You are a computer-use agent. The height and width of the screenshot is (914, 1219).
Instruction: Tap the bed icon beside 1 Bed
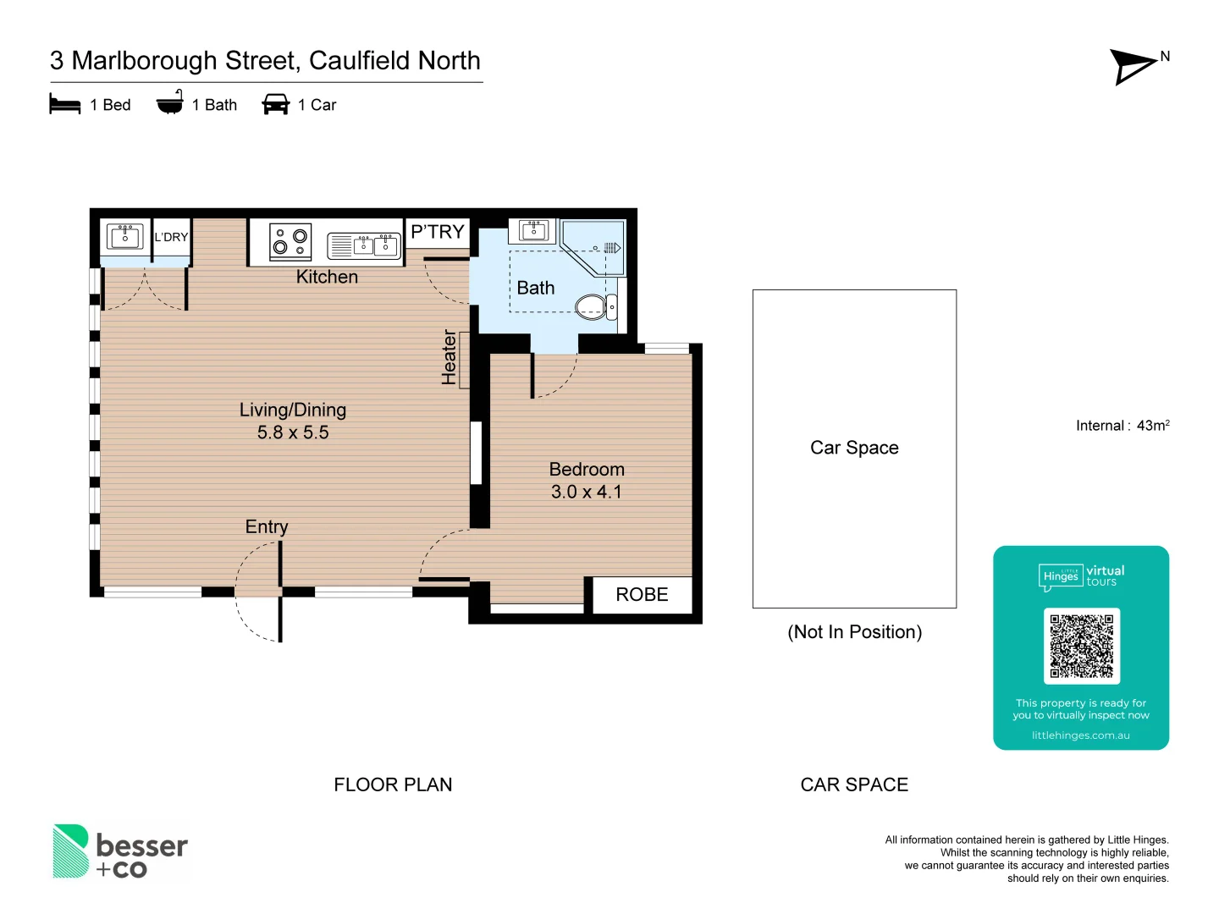coord(65,104)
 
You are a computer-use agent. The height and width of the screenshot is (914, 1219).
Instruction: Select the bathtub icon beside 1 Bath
coord(169,102)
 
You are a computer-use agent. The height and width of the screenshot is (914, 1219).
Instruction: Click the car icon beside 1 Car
coord(276,104)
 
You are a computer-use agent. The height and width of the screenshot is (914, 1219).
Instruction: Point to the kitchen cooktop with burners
coord(290,241)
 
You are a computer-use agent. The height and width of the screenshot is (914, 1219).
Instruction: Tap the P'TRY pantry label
coord(438,232)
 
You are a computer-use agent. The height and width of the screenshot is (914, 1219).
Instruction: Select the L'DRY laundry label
coord(171,237)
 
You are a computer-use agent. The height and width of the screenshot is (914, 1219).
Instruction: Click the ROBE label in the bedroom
coord(642,595)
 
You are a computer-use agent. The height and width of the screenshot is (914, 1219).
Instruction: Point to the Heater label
coord(450,358)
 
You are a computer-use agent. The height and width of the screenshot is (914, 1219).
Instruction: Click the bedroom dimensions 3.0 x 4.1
coord(586,492)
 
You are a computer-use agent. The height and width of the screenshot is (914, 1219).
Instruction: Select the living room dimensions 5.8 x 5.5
coord(293,432)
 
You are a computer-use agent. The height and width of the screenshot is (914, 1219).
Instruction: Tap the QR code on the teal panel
coord(1081,646)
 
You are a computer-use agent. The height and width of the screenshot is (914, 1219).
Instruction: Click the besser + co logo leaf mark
coord(70,851)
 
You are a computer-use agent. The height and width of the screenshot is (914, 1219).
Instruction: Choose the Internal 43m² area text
coord(1122,426)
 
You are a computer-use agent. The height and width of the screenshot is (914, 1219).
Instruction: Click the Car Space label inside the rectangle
coord(854,448)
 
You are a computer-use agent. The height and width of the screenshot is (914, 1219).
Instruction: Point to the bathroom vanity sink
coord(534,230)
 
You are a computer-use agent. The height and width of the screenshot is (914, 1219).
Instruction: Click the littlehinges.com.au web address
coord(1080,735)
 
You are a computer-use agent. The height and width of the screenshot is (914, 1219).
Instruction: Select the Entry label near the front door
coord(267,526)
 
